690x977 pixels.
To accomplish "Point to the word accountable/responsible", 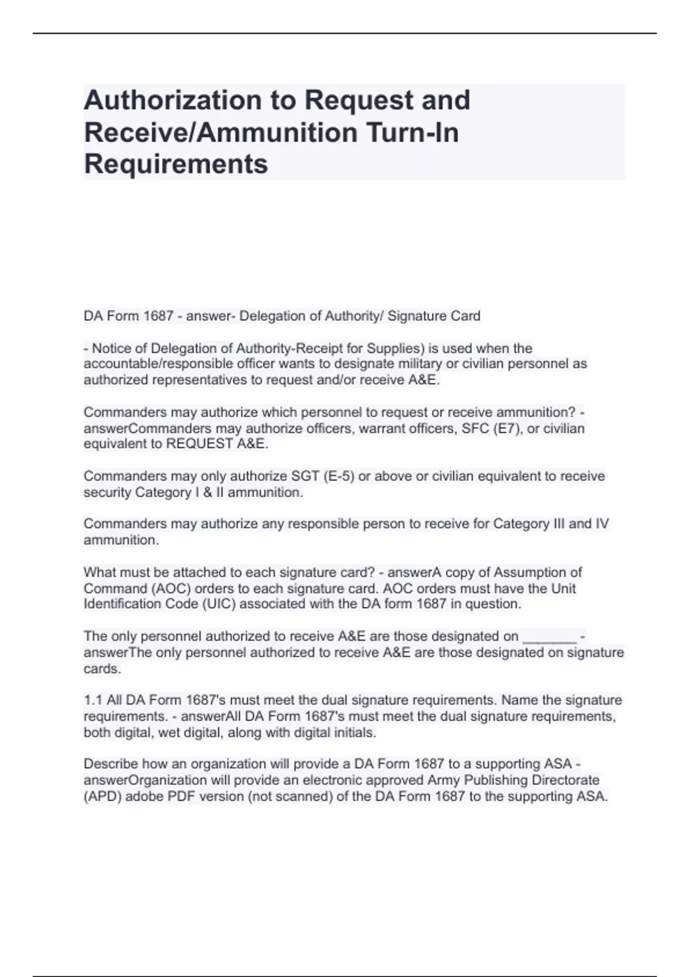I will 158,364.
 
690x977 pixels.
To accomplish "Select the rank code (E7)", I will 507,428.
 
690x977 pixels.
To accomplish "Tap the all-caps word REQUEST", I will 199,444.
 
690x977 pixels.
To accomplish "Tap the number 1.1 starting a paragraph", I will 93,700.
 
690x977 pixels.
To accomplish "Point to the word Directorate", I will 564,780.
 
